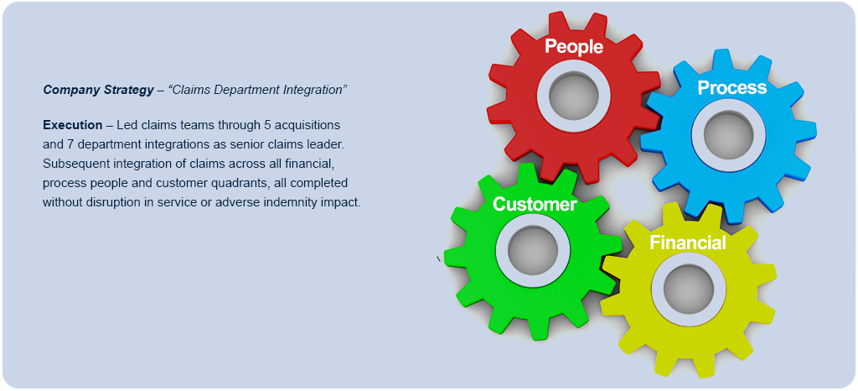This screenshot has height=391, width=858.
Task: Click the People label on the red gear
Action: pyautogui.click(x=574, y=46)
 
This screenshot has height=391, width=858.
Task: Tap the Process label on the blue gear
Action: pyautogui.click(x=731, y=87)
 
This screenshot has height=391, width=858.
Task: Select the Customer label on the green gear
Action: pyautogui.click(x=535, y=204)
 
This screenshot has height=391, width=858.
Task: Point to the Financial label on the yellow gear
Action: pyautogui.click(x=688, y=243)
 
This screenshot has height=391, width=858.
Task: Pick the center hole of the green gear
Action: pyautogui.click(x=528, y=248)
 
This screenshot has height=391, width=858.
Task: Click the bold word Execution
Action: pyautogui.click(x=72, y=125)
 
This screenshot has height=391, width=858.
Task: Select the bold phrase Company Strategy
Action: pyautogui.click(x=96, y=89)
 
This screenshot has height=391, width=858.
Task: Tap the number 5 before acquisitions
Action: pyautogui.click(x=267, y=125)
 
